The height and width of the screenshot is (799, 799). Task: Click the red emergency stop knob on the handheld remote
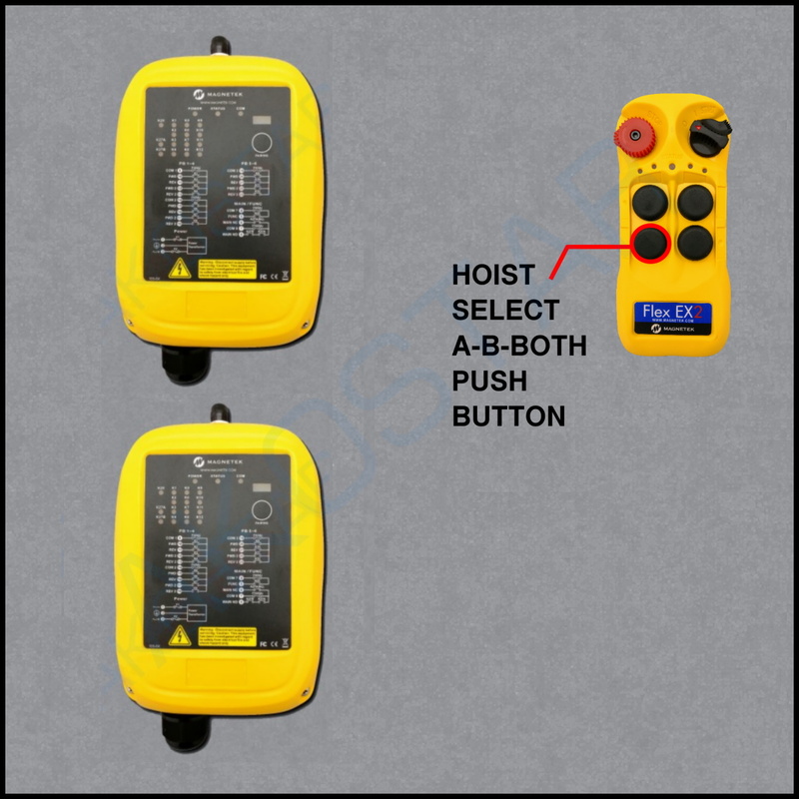click(x=633, y=134)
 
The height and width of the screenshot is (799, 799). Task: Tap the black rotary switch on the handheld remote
click(x=711, y=128)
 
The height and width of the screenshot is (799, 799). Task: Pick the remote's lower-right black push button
click(x=694, y=242)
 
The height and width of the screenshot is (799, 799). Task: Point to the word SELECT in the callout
click(x=505, y=309)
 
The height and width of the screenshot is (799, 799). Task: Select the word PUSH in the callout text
click(x=489, y=381)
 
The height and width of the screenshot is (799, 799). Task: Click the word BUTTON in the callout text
click(x=508, y=415)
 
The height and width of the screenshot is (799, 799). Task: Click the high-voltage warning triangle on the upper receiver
click(x=181, y=268)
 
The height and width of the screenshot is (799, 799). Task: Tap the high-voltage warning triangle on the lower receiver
click(x=181, y=635)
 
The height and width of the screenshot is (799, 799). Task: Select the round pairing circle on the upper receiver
click(x=263, y=144)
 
